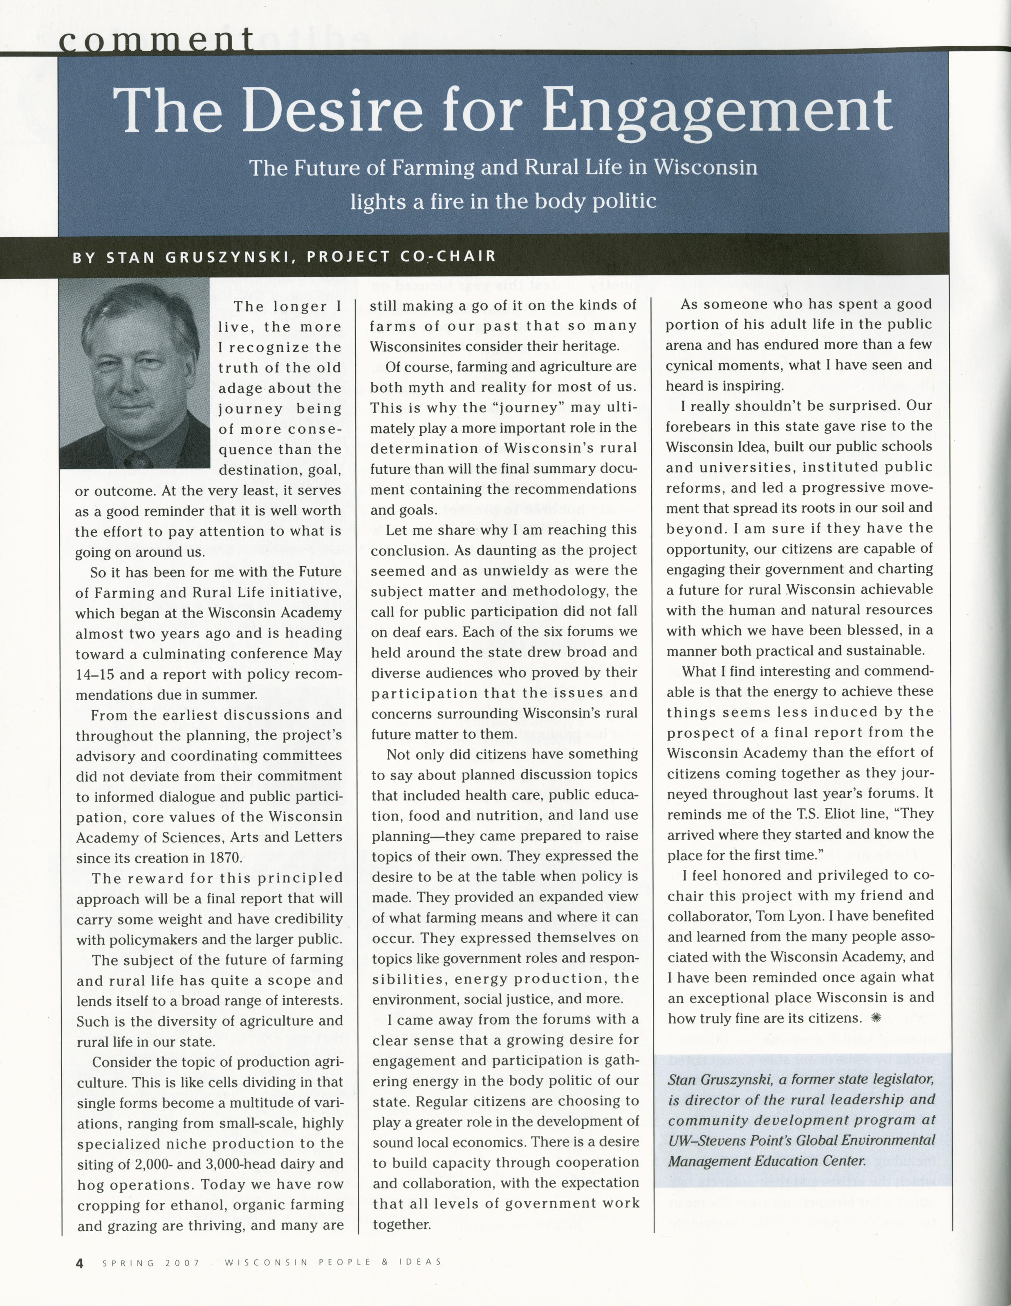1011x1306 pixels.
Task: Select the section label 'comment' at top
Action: tap(157, 41)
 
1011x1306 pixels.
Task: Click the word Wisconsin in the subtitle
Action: tap(705, 167)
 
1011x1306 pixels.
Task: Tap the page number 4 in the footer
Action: tap(79, 1263)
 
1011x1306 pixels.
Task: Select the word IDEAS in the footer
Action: tap(421, 1262)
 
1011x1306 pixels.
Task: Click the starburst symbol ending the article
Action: tap(876, 1018)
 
